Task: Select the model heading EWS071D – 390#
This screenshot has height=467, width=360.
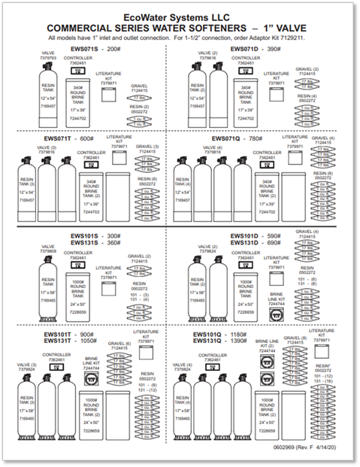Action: tap(253, 47)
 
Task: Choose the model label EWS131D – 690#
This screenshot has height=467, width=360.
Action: tap(253, 243)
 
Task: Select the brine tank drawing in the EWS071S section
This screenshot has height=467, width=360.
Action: tap(77, 105)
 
